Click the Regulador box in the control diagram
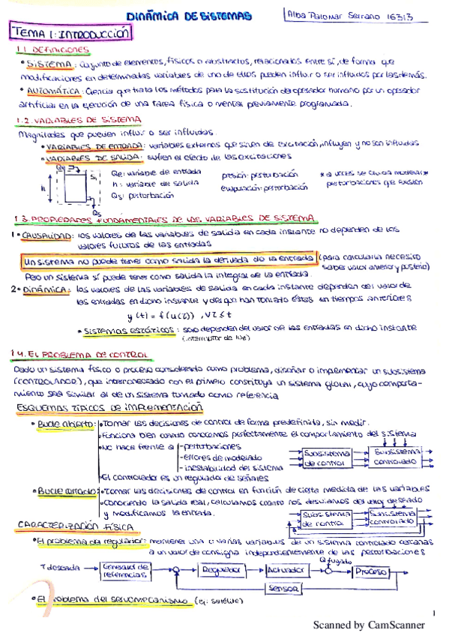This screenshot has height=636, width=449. click(217, 570)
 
